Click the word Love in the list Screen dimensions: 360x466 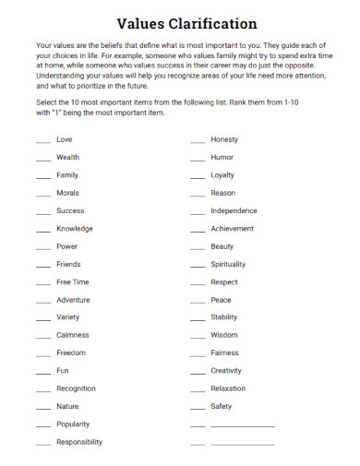pyautogui.click(x=64, y=139)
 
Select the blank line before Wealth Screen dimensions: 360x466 pyautogui.click(x=43, y=160)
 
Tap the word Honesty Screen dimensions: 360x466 pyautogui.click(x=224, y=139)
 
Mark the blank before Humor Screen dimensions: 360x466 pyautogui.click(x=198, y=160)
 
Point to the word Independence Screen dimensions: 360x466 pyautogui.click(x=234, y=210)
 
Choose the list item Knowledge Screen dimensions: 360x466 pyautogui.click(x=75, y=228)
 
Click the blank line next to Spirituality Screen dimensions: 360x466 pyautogui.click(x=198, y=267)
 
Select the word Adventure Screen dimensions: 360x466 pyautogui.click(x=73, y=300)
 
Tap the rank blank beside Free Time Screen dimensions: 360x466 pyautogui.click(x=43, y=284)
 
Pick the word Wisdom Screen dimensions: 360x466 pyautogui.click(x=224, y=335)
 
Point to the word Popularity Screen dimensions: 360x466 pyautogui.click(x=73, y=424)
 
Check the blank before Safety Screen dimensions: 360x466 pyautogui.click(x=198, y=408)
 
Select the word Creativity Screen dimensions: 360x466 pyautogui.click(x=226, y=370)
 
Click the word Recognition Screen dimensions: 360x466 pyautogui.click(x=76, y=388)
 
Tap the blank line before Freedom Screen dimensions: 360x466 pyautogui.click(x=43, y=355)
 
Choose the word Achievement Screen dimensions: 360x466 pyautogui.click(x=232, y=228)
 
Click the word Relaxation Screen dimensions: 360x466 pyautogui.click(x=228, y=388)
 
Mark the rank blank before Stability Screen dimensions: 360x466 pyautogui.click(x=198, y=319)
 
